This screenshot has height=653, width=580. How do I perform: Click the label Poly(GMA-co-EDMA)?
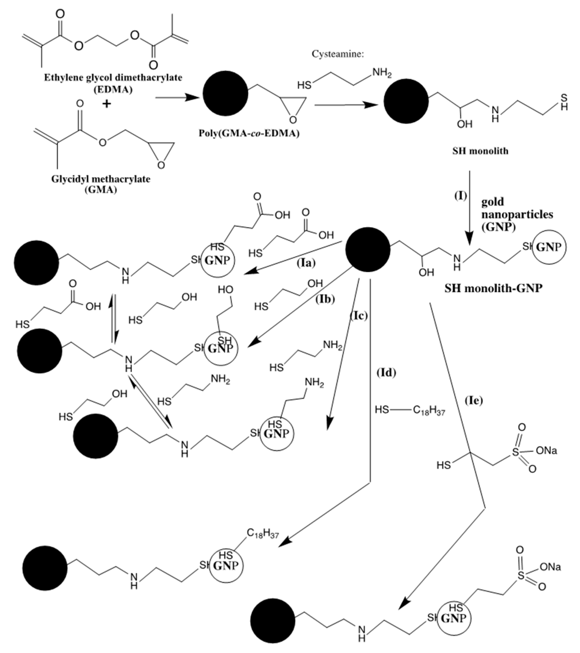coord(249,133)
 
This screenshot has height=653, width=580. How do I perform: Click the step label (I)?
coord(461,195)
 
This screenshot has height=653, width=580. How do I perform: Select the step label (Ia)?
coord(306,263)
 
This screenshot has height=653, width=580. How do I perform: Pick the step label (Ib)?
coord(325,299)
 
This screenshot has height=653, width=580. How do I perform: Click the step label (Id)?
coord(387,373)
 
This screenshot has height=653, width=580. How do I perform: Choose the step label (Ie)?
coord(473,400)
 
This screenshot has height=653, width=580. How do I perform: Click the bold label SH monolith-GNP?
coord(493,289)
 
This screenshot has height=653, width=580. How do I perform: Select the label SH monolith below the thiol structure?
coord(480,151)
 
